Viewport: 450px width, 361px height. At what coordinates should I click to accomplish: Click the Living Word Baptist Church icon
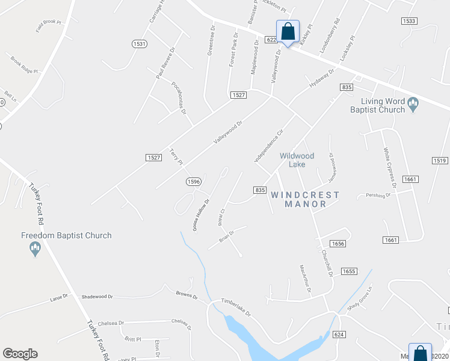coord(413,105)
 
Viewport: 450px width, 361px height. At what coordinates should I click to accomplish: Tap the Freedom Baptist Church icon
coord(35,248)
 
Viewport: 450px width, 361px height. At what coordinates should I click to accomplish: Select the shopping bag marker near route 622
coord(288,32)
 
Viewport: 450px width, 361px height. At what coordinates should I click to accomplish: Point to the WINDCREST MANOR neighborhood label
coord(304,199)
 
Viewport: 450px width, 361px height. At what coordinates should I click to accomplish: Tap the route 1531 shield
coord(140,44)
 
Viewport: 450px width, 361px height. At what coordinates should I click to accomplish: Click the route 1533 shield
coord(409,21)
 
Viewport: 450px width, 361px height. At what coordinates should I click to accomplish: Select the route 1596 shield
coord(193,181)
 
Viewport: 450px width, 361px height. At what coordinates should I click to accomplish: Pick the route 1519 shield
coord(440,161)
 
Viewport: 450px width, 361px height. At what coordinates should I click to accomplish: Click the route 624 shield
coord(339,333)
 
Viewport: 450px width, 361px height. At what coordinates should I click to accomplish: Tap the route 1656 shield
coord(337,244)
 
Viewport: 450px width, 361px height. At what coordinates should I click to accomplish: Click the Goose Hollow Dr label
coord(200,215)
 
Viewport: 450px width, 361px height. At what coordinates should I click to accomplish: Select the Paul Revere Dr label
coord(165,64)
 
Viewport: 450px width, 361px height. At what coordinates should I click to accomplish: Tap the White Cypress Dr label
coord(389,169)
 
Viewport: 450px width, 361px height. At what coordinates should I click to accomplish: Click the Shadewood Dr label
coord(97,297)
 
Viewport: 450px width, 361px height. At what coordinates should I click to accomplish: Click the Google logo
coord(20,354)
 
